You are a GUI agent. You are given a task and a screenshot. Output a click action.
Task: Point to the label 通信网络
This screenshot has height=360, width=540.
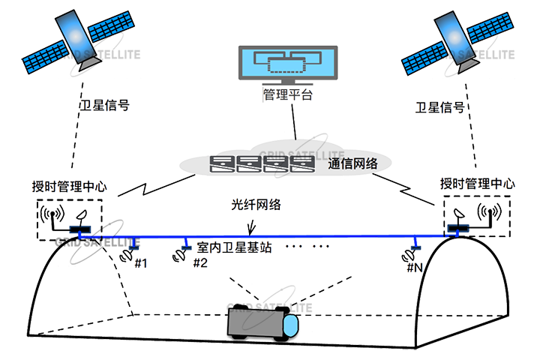tap(353, 163)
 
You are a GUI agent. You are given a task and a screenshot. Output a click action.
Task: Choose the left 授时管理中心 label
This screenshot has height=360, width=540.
tap(71, 185)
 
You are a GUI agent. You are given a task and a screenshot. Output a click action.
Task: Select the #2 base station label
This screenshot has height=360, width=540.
tap(200, 262)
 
